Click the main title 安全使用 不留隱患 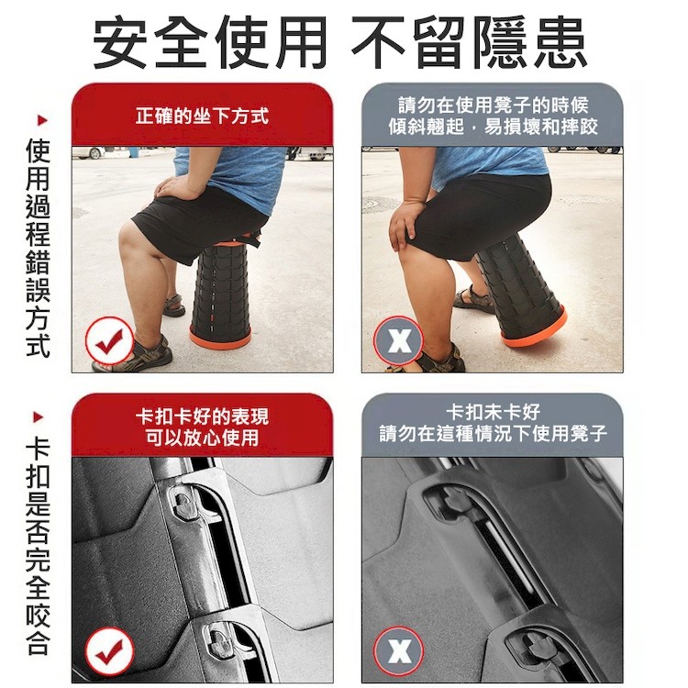point(340,42)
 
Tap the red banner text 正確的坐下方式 point(202,117)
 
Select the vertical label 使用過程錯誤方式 point(38,249)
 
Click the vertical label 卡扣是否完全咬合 point(38,547)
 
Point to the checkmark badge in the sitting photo point(109,341)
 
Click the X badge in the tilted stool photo point(399,340)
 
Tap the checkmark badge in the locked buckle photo point(109,651)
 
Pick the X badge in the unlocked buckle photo point(399,651)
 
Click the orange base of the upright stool point(220,338)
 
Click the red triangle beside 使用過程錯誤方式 point(42,120)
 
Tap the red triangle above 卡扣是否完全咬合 point(39,416)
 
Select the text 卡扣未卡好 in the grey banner point(493,412)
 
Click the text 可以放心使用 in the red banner point(203,438)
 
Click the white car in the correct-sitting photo point(89,152)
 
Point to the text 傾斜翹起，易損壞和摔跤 point(493,127)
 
